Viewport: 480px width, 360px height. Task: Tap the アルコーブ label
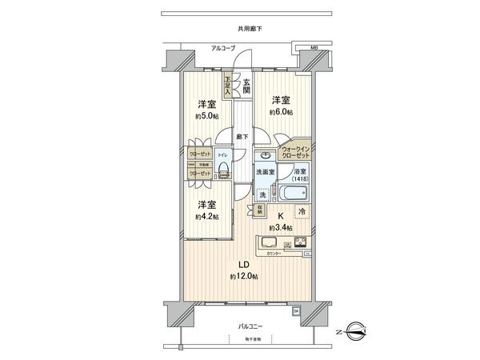(x=223, y=48)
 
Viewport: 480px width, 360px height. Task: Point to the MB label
(x=314, y=47)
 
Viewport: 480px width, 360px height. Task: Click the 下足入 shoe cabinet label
(x=227, y=84)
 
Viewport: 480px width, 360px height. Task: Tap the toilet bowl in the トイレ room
(x=224, y=169)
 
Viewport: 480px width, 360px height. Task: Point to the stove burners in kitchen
(x=300, y=242)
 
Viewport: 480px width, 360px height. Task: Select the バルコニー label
(x=253, y=326)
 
